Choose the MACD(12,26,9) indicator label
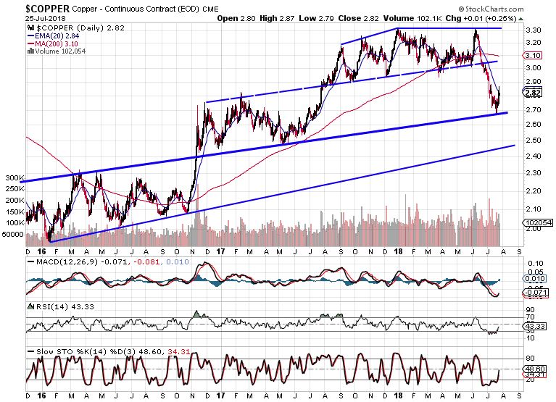pyautogui.click(x=64, y=261)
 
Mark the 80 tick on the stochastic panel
pyautogui.click(x=529, y=358)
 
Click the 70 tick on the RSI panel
pyautogui.click(x=529, y=317)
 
